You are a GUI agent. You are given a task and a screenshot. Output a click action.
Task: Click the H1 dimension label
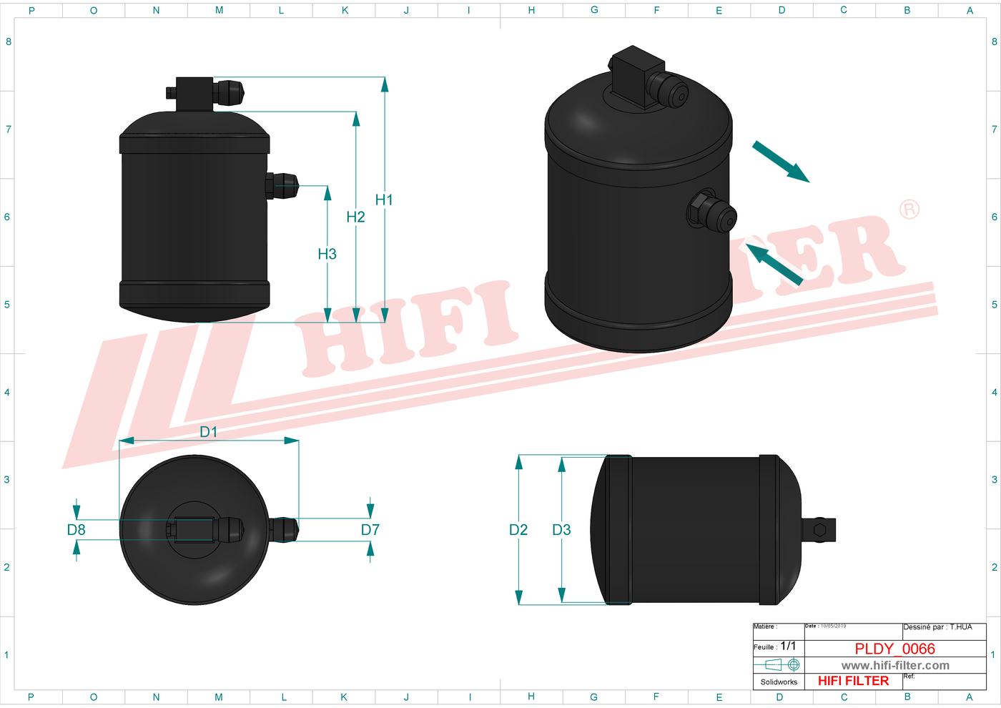point(384,200)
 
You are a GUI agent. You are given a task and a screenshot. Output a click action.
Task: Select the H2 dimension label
point(355,217)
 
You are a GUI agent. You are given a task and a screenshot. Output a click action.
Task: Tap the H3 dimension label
point(327,254)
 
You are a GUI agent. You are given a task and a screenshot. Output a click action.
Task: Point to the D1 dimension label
point(208,432)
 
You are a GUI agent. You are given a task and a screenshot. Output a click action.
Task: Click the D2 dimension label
point(518,530)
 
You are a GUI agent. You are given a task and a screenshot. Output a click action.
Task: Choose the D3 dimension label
point(561,530)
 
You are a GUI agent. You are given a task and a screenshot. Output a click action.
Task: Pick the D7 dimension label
point(370,530)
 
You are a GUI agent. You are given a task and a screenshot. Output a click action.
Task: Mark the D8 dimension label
point(76,530)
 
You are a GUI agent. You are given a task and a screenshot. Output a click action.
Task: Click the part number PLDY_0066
point(894,649)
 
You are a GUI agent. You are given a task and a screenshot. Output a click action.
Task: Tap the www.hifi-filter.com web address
point(895,666)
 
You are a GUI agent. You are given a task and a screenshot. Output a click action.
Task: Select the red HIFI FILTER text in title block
point(853,681)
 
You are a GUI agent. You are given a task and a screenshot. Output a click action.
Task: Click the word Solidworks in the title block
point(779,682)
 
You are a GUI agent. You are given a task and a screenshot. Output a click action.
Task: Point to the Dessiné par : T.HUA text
point(937,627)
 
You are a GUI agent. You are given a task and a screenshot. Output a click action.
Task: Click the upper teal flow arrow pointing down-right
point(781,162)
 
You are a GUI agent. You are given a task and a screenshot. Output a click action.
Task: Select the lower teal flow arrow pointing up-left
point(774,264)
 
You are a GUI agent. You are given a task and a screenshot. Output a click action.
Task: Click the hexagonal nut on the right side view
point(819,530)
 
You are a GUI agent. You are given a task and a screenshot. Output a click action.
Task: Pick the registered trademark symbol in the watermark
point(909,210)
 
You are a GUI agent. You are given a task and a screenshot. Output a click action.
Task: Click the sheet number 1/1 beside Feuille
point(788,646)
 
